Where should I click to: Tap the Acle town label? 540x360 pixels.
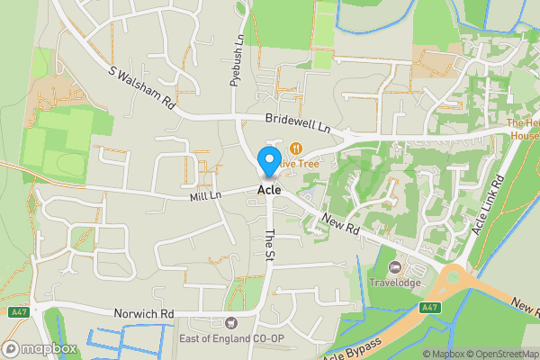(269, 190)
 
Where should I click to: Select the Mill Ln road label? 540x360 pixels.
(205, 195)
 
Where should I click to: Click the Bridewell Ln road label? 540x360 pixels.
(299, 124)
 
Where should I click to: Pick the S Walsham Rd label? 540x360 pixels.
(142, 87)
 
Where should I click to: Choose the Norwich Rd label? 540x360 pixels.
(143, 313)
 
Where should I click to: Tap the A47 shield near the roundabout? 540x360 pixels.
(430, 308)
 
